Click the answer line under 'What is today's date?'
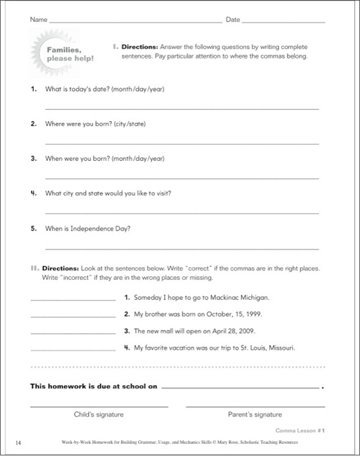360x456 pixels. [x=182, y=108]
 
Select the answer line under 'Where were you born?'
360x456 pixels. [x=182, y=143]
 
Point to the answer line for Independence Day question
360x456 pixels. [x=182, y=249]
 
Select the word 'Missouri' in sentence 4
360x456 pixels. [x=280, y=348]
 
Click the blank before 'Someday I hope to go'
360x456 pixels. [x=72, y=300]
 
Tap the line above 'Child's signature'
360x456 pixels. [x=99, y=406]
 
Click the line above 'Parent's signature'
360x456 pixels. [x=255, y=406]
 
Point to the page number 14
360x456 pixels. [x=20, y=441]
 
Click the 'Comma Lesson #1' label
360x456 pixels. [x=299, y=430]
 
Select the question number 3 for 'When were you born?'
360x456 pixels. [x=34, y=158]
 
